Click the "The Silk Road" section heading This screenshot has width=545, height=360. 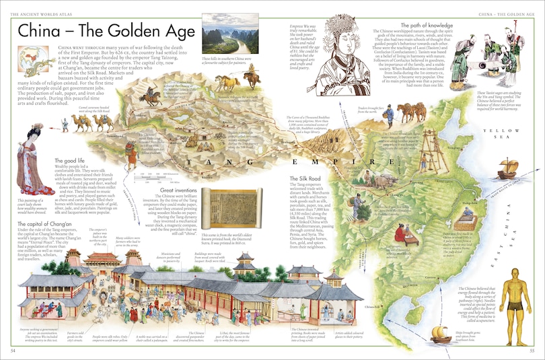click(307, 178)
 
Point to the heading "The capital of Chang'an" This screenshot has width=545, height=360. click(42, 224)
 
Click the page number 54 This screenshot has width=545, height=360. click(13, 351)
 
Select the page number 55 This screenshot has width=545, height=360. click(532, 351)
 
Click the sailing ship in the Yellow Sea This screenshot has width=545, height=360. click(507, 168)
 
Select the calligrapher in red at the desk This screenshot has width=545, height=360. click(402, 232)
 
